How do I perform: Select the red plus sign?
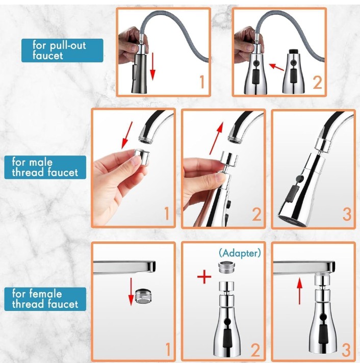pyautogui.click(x=204, y=277)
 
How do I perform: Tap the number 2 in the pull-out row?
pyautogui.click(x=317, y=83)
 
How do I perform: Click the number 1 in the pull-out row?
pyautogui.click(x=201, y=83)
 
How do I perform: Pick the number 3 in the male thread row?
pyautogui.click(x=346, y=214)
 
